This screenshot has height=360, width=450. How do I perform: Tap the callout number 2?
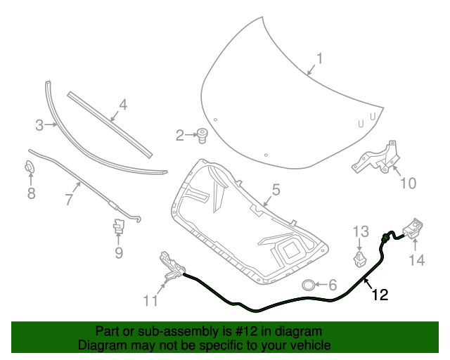coord(180,135)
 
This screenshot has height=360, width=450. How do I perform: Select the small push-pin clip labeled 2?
coord(202,134)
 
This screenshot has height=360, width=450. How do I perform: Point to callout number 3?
coord(39,126)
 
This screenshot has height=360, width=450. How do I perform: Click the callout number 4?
coord(122,105)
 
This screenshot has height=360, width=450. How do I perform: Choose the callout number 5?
coord(276,189)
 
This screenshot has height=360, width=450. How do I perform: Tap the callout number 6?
coord(333,285)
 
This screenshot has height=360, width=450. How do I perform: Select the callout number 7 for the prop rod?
coord(69,200)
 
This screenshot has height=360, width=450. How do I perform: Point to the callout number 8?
coord(31,193)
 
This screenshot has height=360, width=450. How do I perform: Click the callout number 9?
coord(119,252)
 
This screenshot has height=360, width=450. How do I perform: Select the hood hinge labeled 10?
coord(376,159)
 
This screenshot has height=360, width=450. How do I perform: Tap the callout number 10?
coord(408,184)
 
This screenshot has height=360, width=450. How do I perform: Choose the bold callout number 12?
coord(379,295)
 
